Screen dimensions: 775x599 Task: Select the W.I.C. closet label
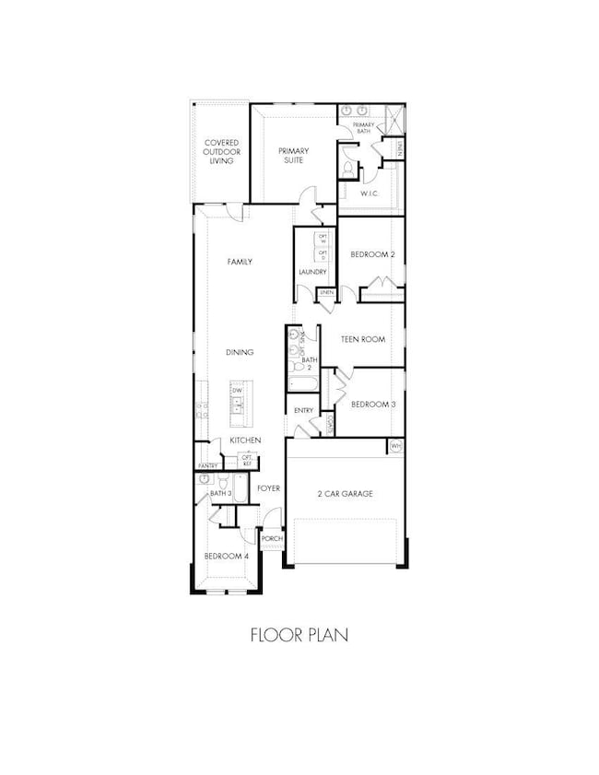[371, 194]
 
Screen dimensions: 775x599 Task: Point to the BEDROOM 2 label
[372, 254]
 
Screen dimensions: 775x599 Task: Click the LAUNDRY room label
[313, 272]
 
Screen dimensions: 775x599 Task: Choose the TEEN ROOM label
[364, 339]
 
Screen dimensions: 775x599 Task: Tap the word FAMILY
[240, 262]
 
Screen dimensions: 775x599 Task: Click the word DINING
[240, 352]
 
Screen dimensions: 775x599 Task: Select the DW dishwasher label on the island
[237, 391]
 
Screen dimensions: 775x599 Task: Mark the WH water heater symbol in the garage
[396, 446]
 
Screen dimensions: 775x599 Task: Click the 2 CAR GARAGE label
[343, 494]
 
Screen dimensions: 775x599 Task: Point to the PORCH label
[272, 539]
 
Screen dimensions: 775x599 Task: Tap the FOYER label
[268, 488]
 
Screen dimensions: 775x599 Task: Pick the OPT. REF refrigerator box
[247, 459]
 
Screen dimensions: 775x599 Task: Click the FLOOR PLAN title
[299, 635]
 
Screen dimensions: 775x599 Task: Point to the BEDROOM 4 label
[226, 557]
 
